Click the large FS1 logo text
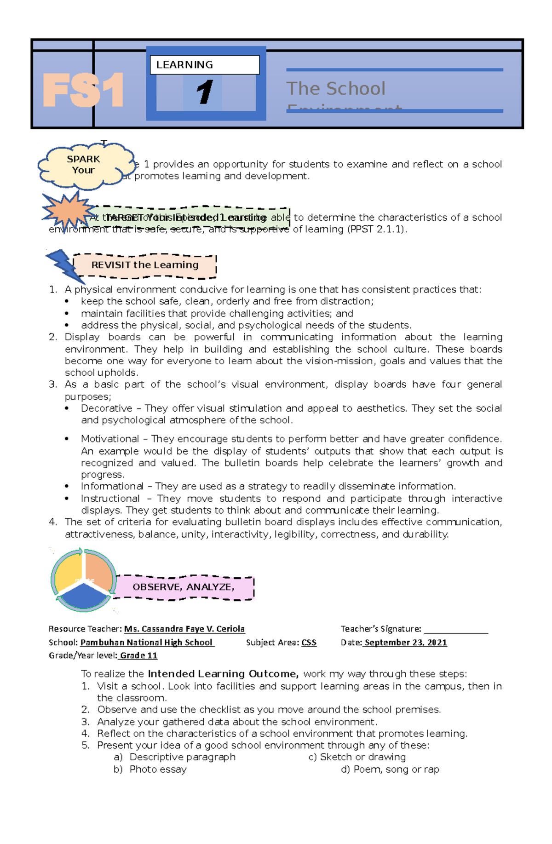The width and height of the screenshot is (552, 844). tap(83, 90)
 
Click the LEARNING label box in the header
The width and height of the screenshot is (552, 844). tap(205, 65)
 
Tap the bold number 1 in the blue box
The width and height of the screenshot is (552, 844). tap(204, 92)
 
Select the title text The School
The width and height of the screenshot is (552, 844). tap(336, 88)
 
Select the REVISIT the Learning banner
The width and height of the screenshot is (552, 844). tap(145, 265)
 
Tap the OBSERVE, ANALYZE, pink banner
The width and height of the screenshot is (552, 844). tap(184, 587)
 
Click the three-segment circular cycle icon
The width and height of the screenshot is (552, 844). tap(83, 580)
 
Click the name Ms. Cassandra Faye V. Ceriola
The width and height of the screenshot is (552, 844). tap(184, 629)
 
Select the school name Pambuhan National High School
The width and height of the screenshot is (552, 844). tap(147, 643)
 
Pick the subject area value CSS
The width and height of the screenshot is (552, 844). tap(309, 643)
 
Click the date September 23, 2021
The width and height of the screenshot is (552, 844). tap(405, 643)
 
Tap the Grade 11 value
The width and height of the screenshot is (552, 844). tap(138, 655)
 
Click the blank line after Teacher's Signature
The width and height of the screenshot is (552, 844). tap(456, 629)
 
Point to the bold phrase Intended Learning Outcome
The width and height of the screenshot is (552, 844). tap(223, 674)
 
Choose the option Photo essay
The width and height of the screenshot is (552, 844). tap(158, 769)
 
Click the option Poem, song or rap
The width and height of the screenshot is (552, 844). tap(396, 769)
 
